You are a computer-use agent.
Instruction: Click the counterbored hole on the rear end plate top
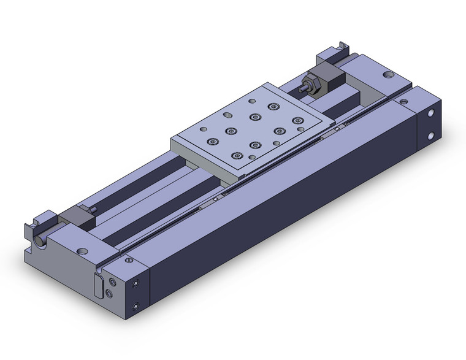pos(388,75)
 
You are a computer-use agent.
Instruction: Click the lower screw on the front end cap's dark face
pos(136,305)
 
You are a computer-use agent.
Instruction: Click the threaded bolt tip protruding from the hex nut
pos(303,88)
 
